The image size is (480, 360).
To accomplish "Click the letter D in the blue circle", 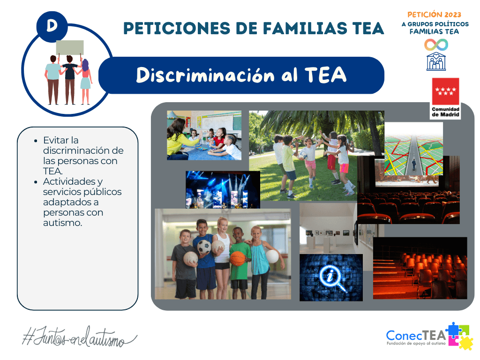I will pyautogui.click(x=52, y=26).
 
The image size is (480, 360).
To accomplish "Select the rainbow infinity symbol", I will pyautogui.click(x=436, y=45).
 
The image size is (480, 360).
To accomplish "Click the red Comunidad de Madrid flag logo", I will pyautogui.click(x=445, y=92).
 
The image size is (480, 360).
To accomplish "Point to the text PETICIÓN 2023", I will pyautogui.click(x=435, y=15).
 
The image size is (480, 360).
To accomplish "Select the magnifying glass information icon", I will pyautogui.click(x=331, y=277).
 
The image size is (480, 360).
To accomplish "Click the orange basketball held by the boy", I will pyautogui.click(x=238, y=257).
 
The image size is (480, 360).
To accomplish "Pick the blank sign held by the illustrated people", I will pyautogui.click(x=70, y=47).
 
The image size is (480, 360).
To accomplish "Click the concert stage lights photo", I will pyautogui.click(x=223, y=189).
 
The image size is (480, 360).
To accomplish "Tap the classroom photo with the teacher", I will pyautogui.click(x=204, y=135).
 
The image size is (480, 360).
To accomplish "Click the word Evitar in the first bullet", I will pyautogui.click(x=55, y=140).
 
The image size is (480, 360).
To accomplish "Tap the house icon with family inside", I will pyautogui.click(x=436, y=61).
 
